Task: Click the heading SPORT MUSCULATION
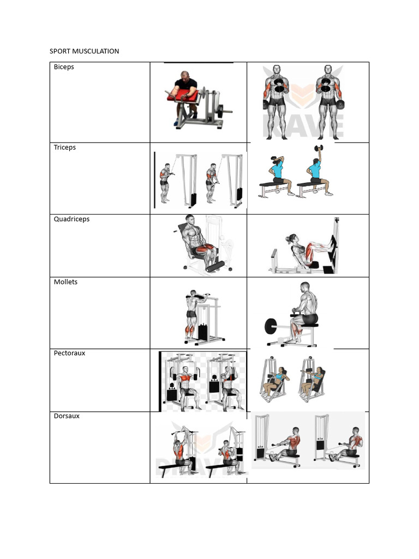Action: [84, 51]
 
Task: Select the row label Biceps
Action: [64, 67]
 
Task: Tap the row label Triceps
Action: [65, 147]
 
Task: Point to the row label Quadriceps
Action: [71, 219]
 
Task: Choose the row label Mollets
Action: [65, 282]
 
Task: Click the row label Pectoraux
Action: [69, 353]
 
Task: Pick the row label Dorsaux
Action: [67, 415]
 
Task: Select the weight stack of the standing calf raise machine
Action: [203, 332]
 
